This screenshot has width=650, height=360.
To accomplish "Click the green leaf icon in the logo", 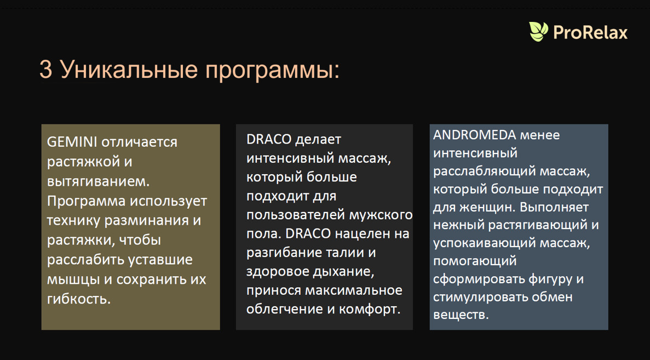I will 538,31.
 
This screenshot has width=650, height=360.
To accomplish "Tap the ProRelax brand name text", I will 590,32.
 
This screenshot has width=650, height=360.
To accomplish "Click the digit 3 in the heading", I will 45,70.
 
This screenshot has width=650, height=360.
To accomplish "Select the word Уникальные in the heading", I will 128,70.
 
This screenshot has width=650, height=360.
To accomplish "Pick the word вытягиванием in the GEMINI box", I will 98,181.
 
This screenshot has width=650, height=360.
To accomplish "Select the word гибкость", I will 79,299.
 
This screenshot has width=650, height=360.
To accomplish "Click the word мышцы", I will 72,279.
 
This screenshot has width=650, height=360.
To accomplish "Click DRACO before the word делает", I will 268,139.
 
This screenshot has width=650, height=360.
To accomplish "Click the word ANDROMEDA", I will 475,135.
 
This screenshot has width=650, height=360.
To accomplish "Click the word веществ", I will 461,315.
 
